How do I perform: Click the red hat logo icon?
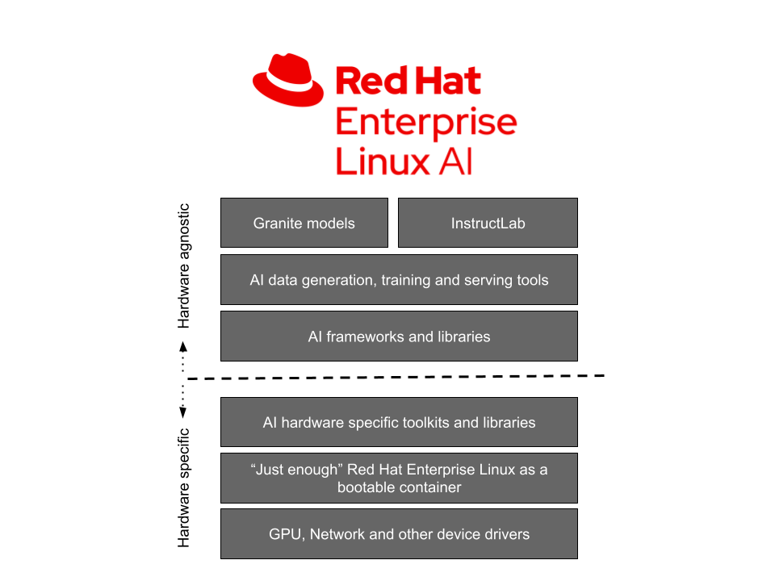[x=289, y=79]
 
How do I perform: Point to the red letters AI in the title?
[x=455, y=161]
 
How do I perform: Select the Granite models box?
[x=304, y=223]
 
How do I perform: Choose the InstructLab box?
[x=488, y=223]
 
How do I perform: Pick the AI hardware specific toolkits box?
[x=399, y=422]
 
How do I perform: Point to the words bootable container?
[x=399, y=487]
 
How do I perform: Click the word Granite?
[x=278, y=223]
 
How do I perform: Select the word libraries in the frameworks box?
[x=462, y=336]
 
